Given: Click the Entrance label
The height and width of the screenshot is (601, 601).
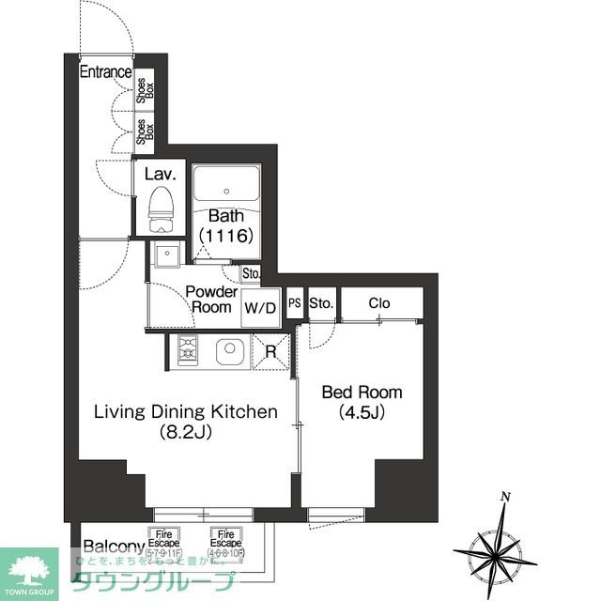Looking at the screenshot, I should pyautogui.click(x=104, y=72).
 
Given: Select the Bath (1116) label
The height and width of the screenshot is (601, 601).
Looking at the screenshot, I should pyautogui.click(x=226, y=226).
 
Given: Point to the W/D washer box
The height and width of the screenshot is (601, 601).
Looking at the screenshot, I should pyautogui.click(x=260, y=308).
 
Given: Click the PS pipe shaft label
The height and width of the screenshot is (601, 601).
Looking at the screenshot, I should pyautogui.click(x=294, y=303).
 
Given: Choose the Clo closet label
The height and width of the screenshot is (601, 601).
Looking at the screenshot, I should pyautogui.click(x=379, y=303).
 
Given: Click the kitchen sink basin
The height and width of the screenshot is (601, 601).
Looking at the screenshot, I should pyautogui.click(x=230, y=352).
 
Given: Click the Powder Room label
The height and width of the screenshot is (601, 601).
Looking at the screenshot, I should pyautogui.click(x=210, y=300).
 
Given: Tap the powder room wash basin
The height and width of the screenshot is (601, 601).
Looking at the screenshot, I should pyautogui.click(x=169, y=254).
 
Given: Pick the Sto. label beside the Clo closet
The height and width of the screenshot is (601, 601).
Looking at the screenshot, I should pyautogui.click(x=321, y=303).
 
